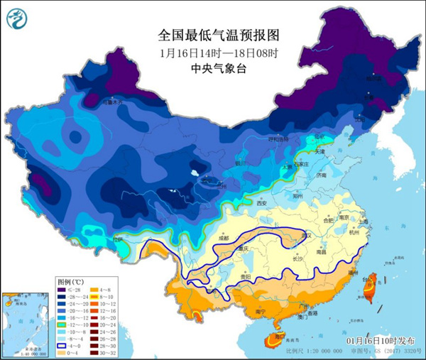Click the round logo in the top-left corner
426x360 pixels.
[19, 18]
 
